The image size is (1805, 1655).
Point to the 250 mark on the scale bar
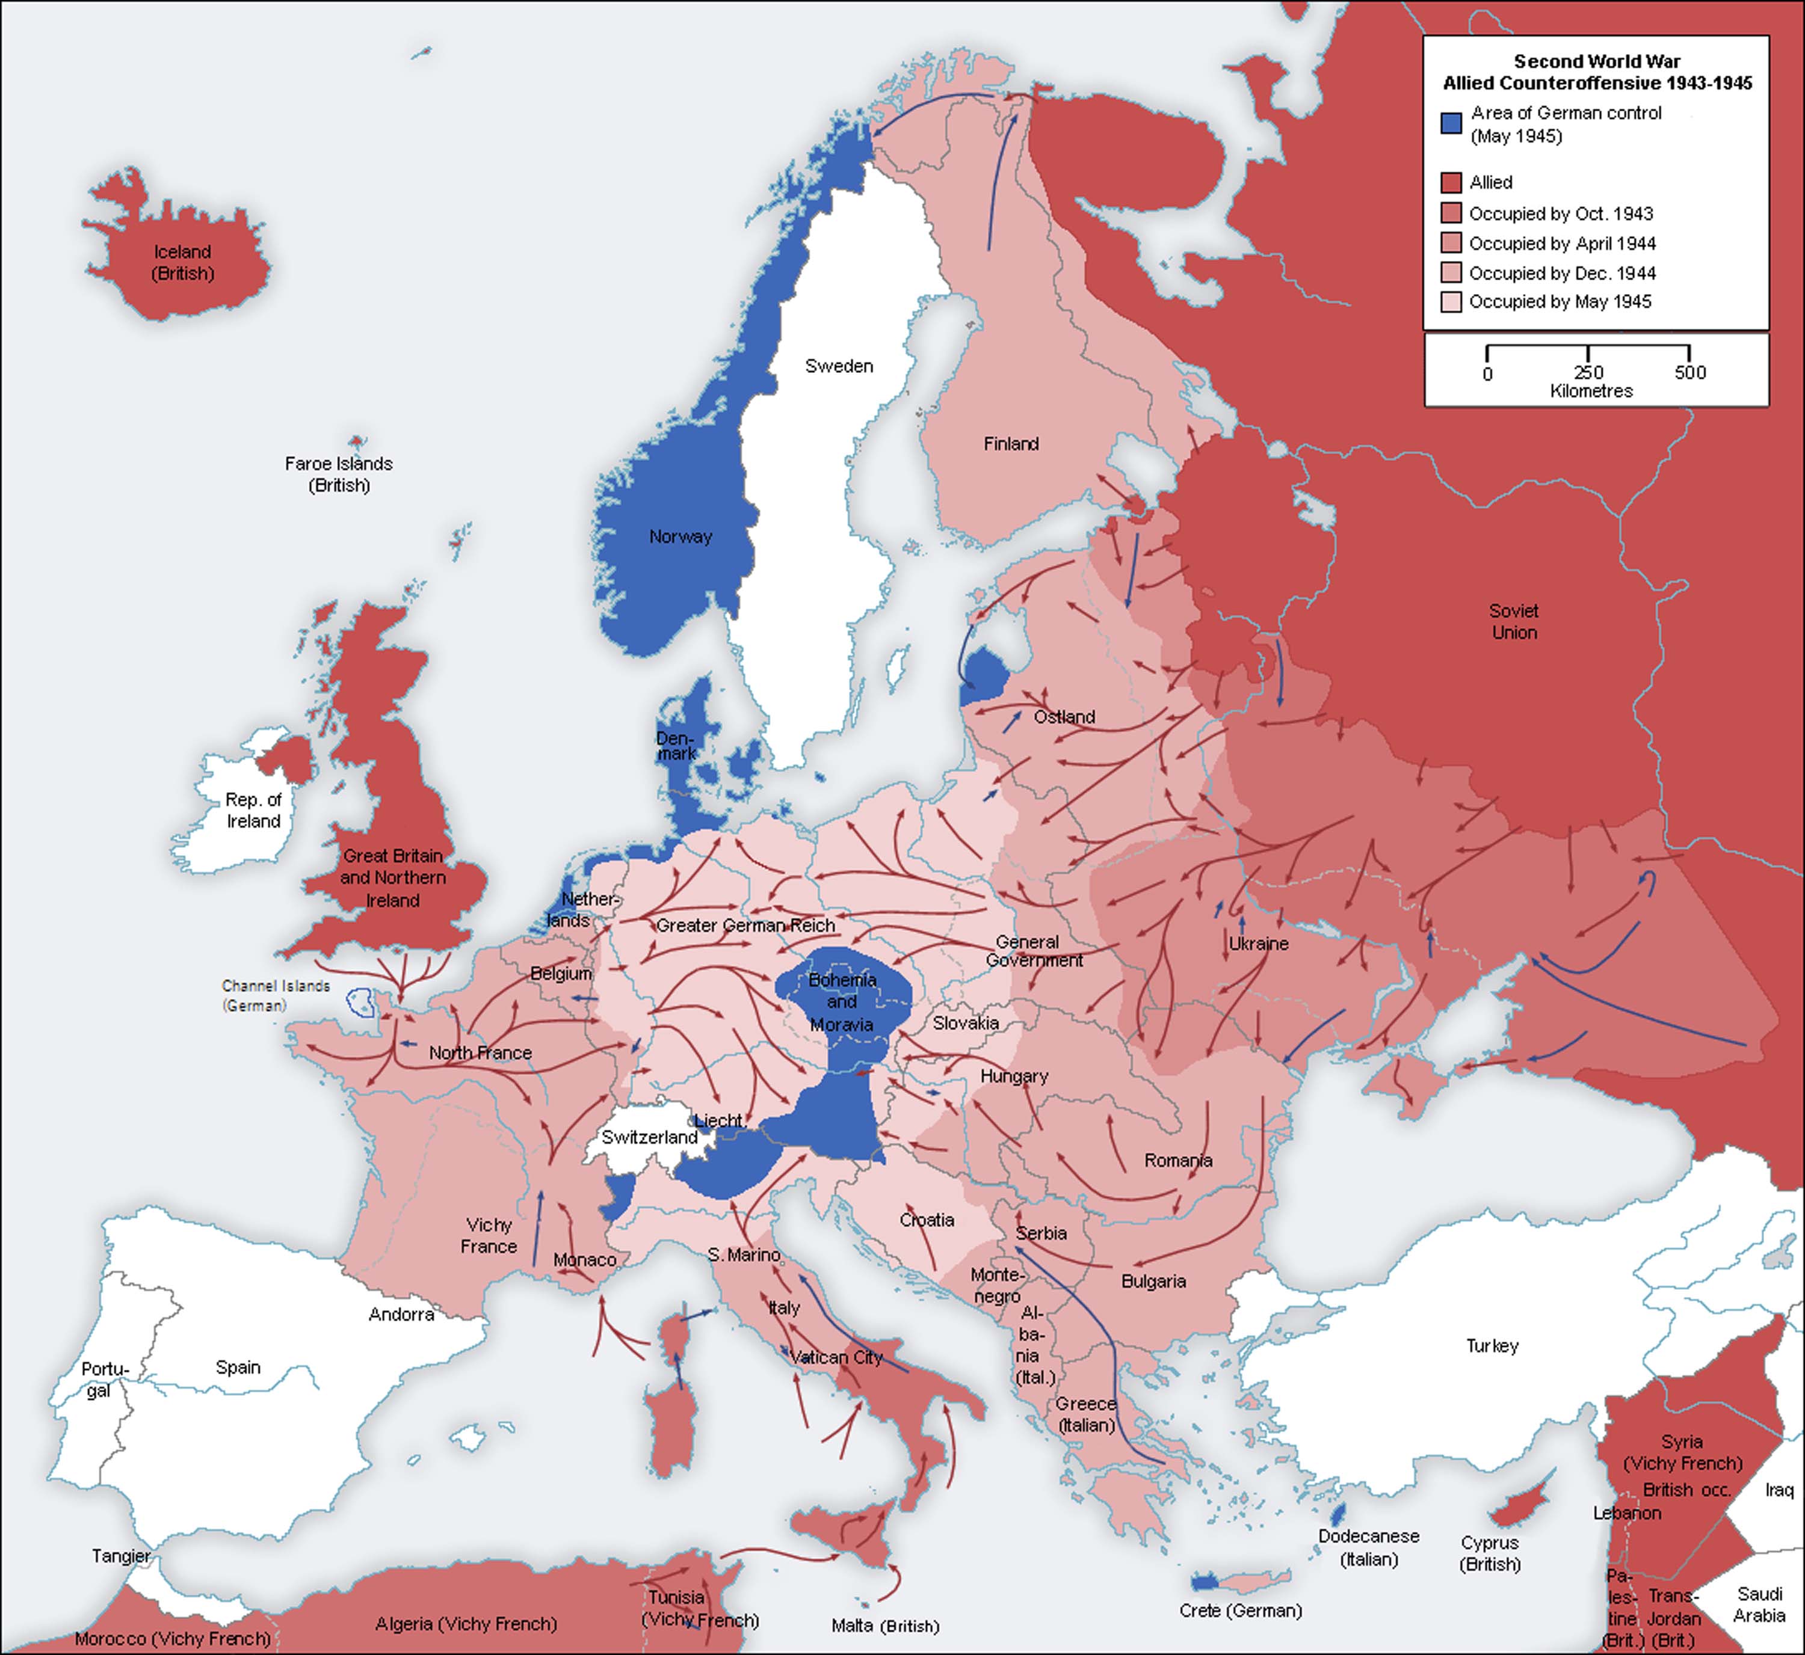pyautogui.click(x=1588, y=372)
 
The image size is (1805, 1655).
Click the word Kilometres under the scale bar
pyautogui.click(x=1591, y=391)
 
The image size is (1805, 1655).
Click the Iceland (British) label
pyautogui.click(x=183, y=262)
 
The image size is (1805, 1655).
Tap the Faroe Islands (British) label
pyautogui.click(x=339, y=474)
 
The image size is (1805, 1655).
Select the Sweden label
pyautogui.click(x=839, y=366)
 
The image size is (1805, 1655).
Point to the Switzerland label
pyautogui.click(x=649, y=1137)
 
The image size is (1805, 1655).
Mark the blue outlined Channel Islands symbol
pyautogui.click(x=362, y=1002)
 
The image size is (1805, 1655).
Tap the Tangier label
pyautogui.click(x=120, y=1556)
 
